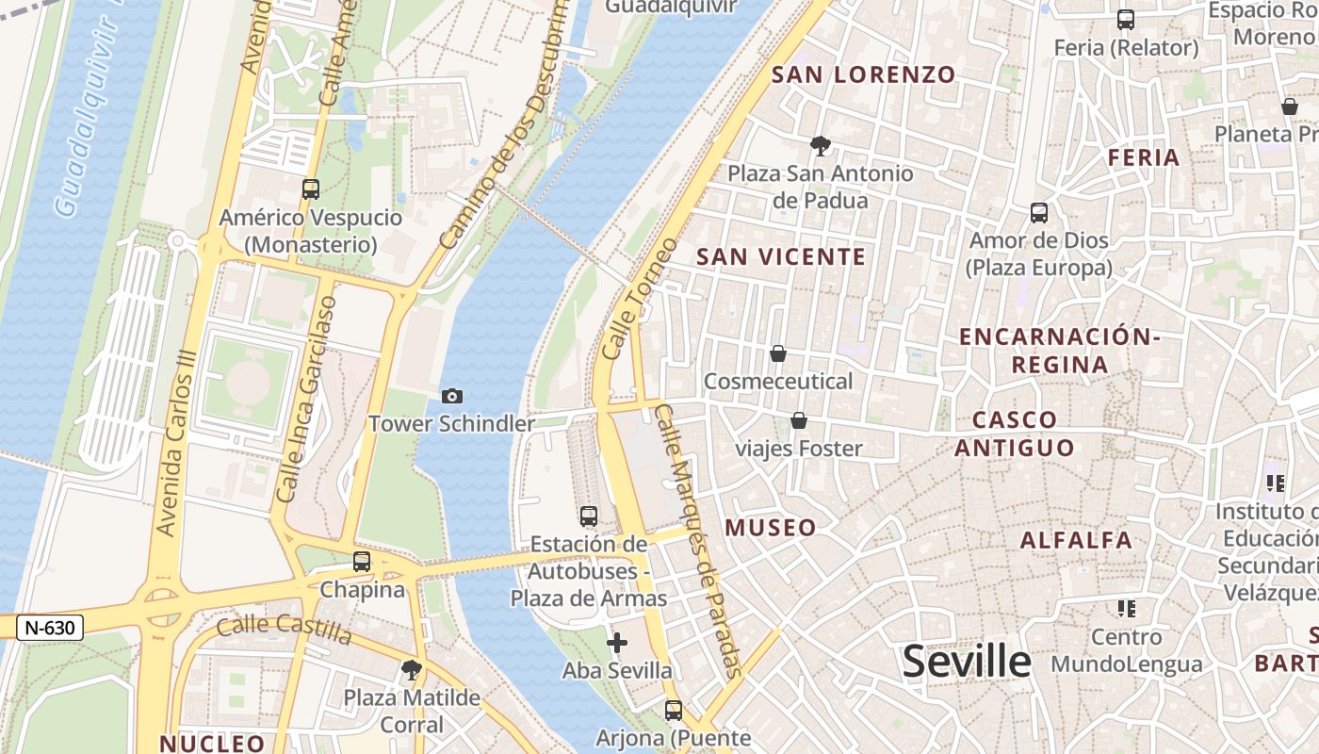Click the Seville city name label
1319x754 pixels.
(967, 662)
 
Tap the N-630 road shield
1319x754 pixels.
(50, 628)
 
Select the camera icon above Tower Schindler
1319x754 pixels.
(452, 396)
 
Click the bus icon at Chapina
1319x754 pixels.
(362, 562)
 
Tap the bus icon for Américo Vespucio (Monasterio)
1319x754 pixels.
(311, 188)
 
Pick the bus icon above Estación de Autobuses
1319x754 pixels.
(589, 516)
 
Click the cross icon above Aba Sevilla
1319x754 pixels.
(617, 643)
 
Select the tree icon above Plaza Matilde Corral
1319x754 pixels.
(411, 670)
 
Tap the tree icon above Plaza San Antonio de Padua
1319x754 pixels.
(821, 145)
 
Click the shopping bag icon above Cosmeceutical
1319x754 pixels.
(778, 353)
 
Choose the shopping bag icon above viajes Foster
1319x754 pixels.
(799, 419)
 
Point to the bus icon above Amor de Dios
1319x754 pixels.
(1039, 213)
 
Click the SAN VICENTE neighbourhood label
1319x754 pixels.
(780, 256)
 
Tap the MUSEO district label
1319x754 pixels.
(771, 528)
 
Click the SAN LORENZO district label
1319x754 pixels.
(864, 74)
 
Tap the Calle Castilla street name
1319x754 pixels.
(284, 630)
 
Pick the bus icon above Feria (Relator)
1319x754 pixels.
(1125, 20)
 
